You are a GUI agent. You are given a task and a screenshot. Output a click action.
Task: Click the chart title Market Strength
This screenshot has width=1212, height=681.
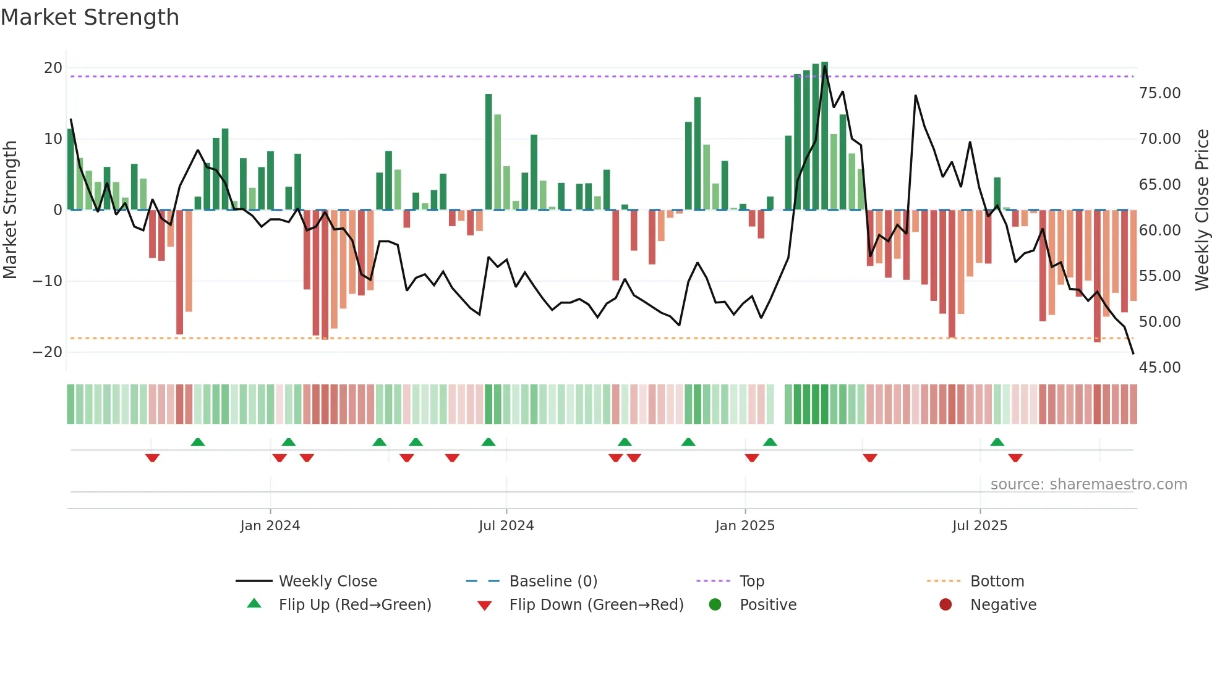pos(90,17)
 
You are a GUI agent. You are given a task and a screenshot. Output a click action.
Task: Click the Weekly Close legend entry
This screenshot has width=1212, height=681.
pos(327,581)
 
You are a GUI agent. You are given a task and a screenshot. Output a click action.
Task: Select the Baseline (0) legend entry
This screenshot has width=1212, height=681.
pos(553,581)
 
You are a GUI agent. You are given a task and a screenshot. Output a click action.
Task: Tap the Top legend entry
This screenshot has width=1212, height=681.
pos(751,581)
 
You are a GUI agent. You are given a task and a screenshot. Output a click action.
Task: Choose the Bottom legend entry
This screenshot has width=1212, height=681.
pos(997,581)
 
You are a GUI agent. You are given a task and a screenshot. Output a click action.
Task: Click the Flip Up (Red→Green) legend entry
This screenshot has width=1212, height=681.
pos(354,604)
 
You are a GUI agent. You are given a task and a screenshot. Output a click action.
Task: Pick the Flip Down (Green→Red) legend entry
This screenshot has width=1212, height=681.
pos(596,604)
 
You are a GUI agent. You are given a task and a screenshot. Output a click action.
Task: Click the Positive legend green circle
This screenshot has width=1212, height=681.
pos(715,604)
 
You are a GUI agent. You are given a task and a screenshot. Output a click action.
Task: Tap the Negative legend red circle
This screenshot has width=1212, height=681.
pos(945,604)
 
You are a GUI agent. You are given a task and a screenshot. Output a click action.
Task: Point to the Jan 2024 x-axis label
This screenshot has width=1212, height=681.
pos(270,525)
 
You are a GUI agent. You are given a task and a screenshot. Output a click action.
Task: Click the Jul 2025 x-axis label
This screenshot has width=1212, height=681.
pos(979,525)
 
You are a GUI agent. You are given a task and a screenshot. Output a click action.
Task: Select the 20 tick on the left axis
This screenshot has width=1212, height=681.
pos(53,68)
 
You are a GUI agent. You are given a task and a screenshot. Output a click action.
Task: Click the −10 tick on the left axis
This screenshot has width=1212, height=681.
pos(48,281)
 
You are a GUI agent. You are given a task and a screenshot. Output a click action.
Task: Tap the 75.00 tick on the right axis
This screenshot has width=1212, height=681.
pos(1159,93)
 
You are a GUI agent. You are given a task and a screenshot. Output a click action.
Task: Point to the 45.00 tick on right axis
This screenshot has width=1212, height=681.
pos(1159,368)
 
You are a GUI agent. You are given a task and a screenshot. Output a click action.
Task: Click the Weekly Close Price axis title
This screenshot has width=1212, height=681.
pos(1201,209)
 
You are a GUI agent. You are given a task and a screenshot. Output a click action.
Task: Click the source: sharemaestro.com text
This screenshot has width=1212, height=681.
pos(1088,484)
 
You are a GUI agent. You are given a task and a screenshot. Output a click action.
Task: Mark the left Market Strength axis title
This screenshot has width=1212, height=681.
pos(10,209)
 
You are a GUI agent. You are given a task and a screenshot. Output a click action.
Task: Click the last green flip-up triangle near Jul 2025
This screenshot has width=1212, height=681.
pos(997,442)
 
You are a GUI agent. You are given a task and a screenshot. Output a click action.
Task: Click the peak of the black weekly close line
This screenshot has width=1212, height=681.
pos(824,66)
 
